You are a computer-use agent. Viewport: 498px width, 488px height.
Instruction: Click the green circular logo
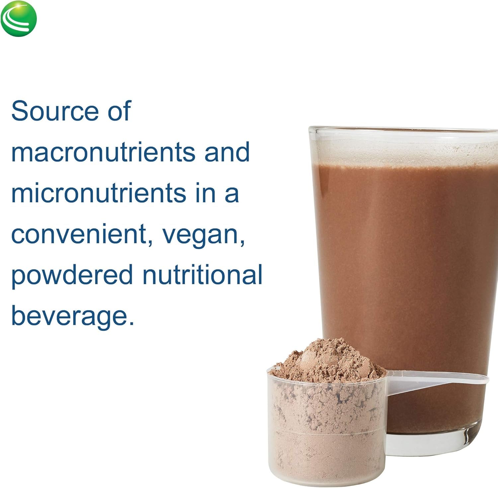[x=19, y=19]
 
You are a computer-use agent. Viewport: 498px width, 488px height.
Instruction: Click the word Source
[x=55, y=111]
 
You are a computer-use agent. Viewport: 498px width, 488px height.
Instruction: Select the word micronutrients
[x=99, y=193]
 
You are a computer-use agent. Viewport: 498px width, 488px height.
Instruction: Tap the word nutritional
[x=203, y=275]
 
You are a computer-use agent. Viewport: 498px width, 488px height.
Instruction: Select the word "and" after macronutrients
[x=227, y=152]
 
